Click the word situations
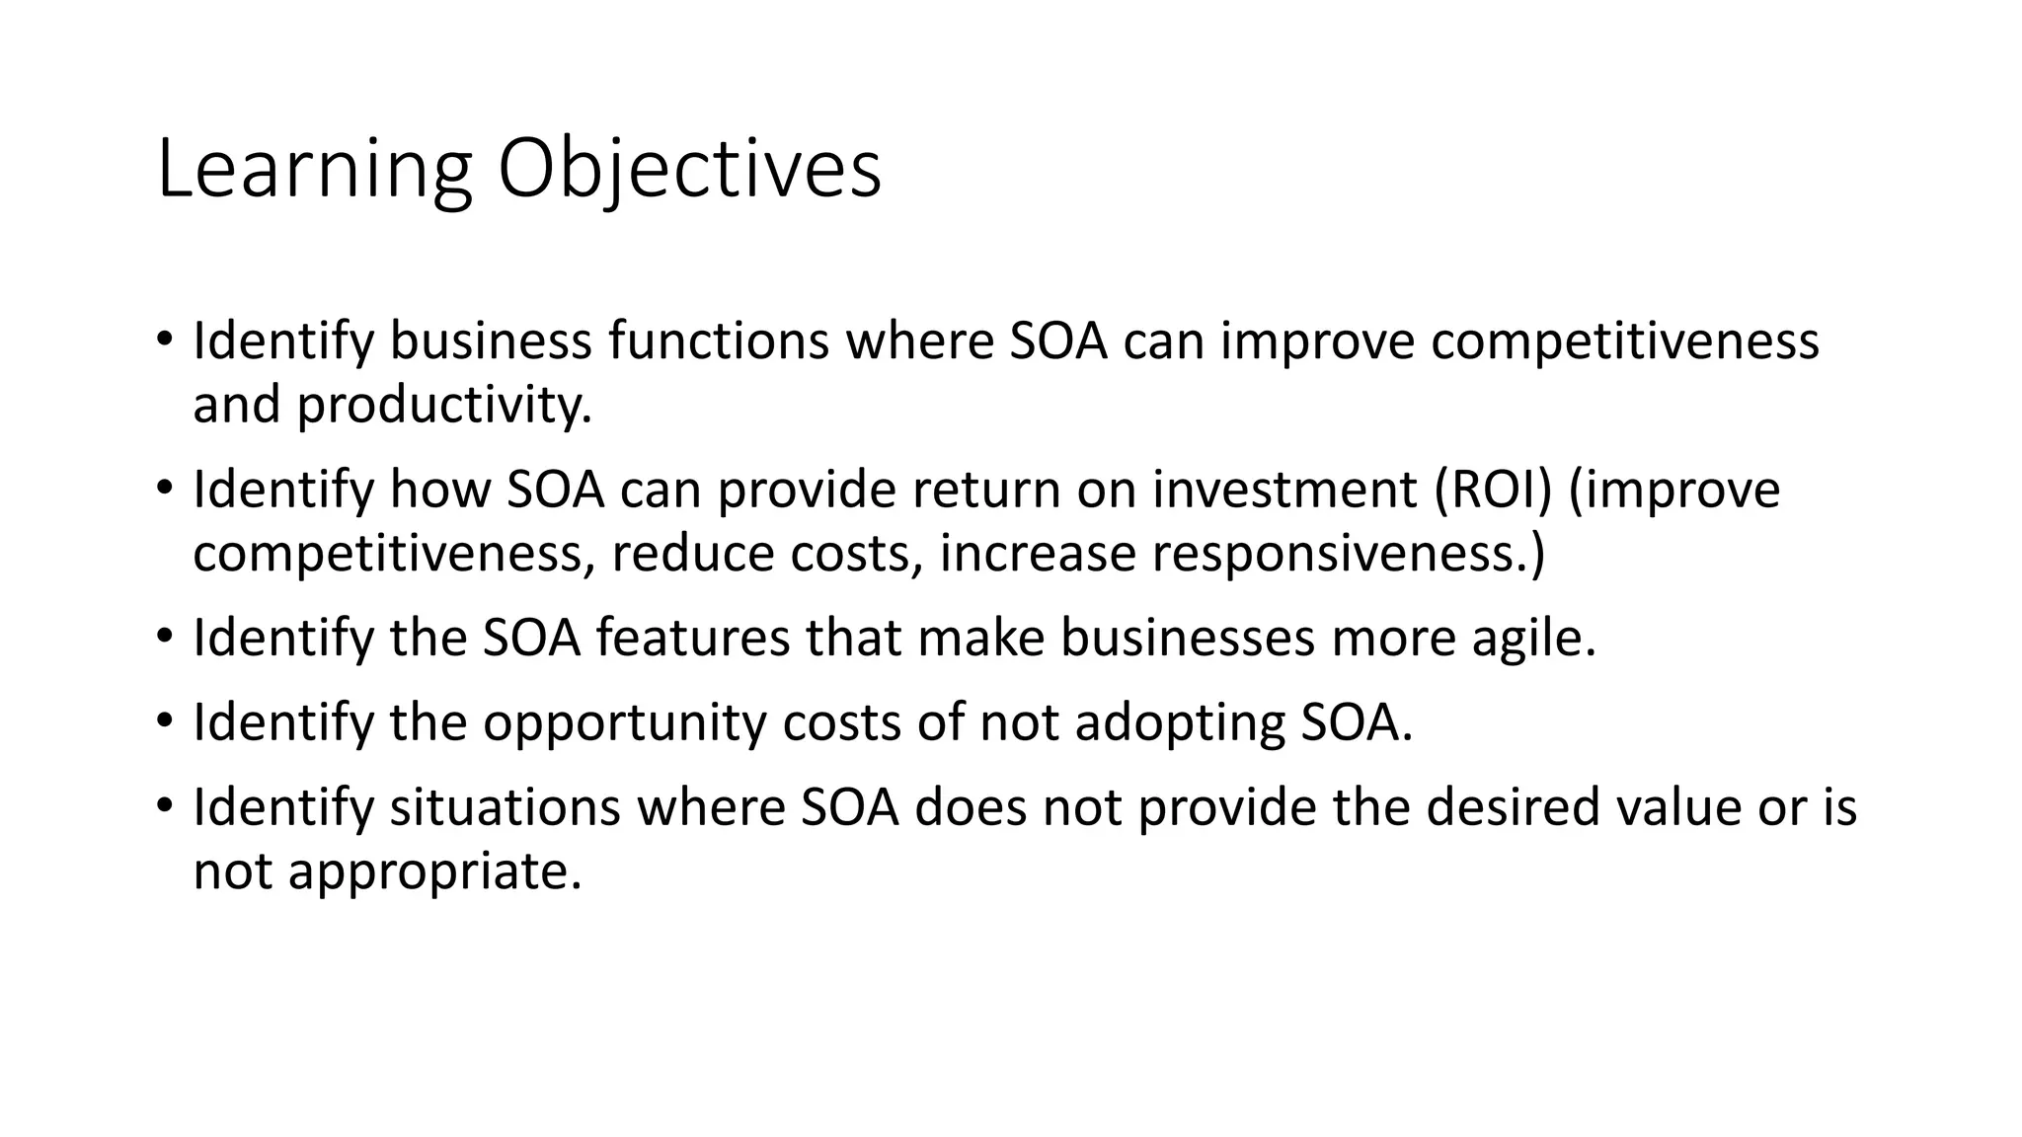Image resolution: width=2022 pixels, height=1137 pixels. (505, 807)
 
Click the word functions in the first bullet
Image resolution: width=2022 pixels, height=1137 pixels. (718, 341)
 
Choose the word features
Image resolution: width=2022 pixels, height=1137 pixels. (692, 638)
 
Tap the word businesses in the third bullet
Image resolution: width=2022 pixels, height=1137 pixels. (1188, 638)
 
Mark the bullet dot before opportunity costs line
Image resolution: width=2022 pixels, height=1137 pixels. (164, 721)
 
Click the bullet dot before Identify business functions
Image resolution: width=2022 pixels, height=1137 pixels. (164, 341)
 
